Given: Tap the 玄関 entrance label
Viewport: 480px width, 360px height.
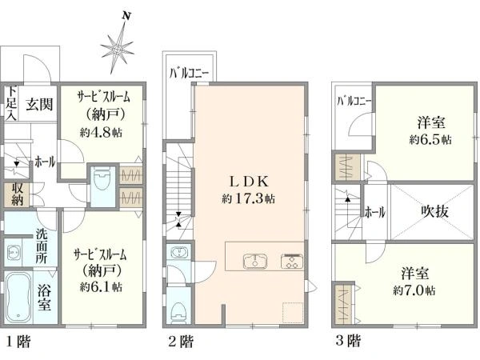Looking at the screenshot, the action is coord(39,104).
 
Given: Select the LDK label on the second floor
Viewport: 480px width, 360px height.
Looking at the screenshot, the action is coord(249,182).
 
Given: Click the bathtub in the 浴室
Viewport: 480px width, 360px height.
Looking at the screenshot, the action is coord(18,297).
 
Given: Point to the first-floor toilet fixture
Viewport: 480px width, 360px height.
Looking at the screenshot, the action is coord(102,180).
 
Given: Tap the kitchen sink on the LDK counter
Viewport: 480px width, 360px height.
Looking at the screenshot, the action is coord(255,261).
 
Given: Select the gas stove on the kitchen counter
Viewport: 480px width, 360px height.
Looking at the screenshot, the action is coord(292,261).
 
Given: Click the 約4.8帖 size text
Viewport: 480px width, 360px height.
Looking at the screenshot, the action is coord(101,133).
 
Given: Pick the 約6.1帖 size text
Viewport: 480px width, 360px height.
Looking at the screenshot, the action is coord(101,286).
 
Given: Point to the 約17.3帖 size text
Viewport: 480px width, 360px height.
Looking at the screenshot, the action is coord(248,199).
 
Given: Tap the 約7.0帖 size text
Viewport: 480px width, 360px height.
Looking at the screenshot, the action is coord(414,290).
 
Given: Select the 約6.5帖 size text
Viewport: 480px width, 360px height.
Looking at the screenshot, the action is coord(430,139).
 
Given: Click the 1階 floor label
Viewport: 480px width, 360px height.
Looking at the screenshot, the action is coord(18,342).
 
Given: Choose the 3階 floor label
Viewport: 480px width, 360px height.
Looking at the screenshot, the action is coord(348,340).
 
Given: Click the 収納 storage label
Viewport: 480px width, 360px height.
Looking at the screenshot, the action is coord(17,194).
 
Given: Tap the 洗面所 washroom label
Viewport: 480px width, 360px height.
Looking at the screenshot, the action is coord(42,246).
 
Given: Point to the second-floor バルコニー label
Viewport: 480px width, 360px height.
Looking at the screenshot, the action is coord(189,74).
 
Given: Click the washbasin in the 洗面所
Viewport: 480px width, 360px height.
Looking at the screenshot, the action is coord(13,253).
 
